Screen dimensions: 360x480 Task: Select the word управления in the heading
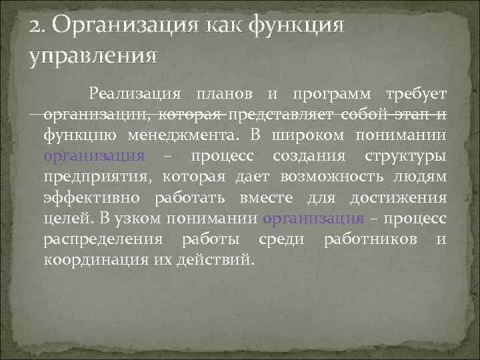[x=93, y=55]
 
